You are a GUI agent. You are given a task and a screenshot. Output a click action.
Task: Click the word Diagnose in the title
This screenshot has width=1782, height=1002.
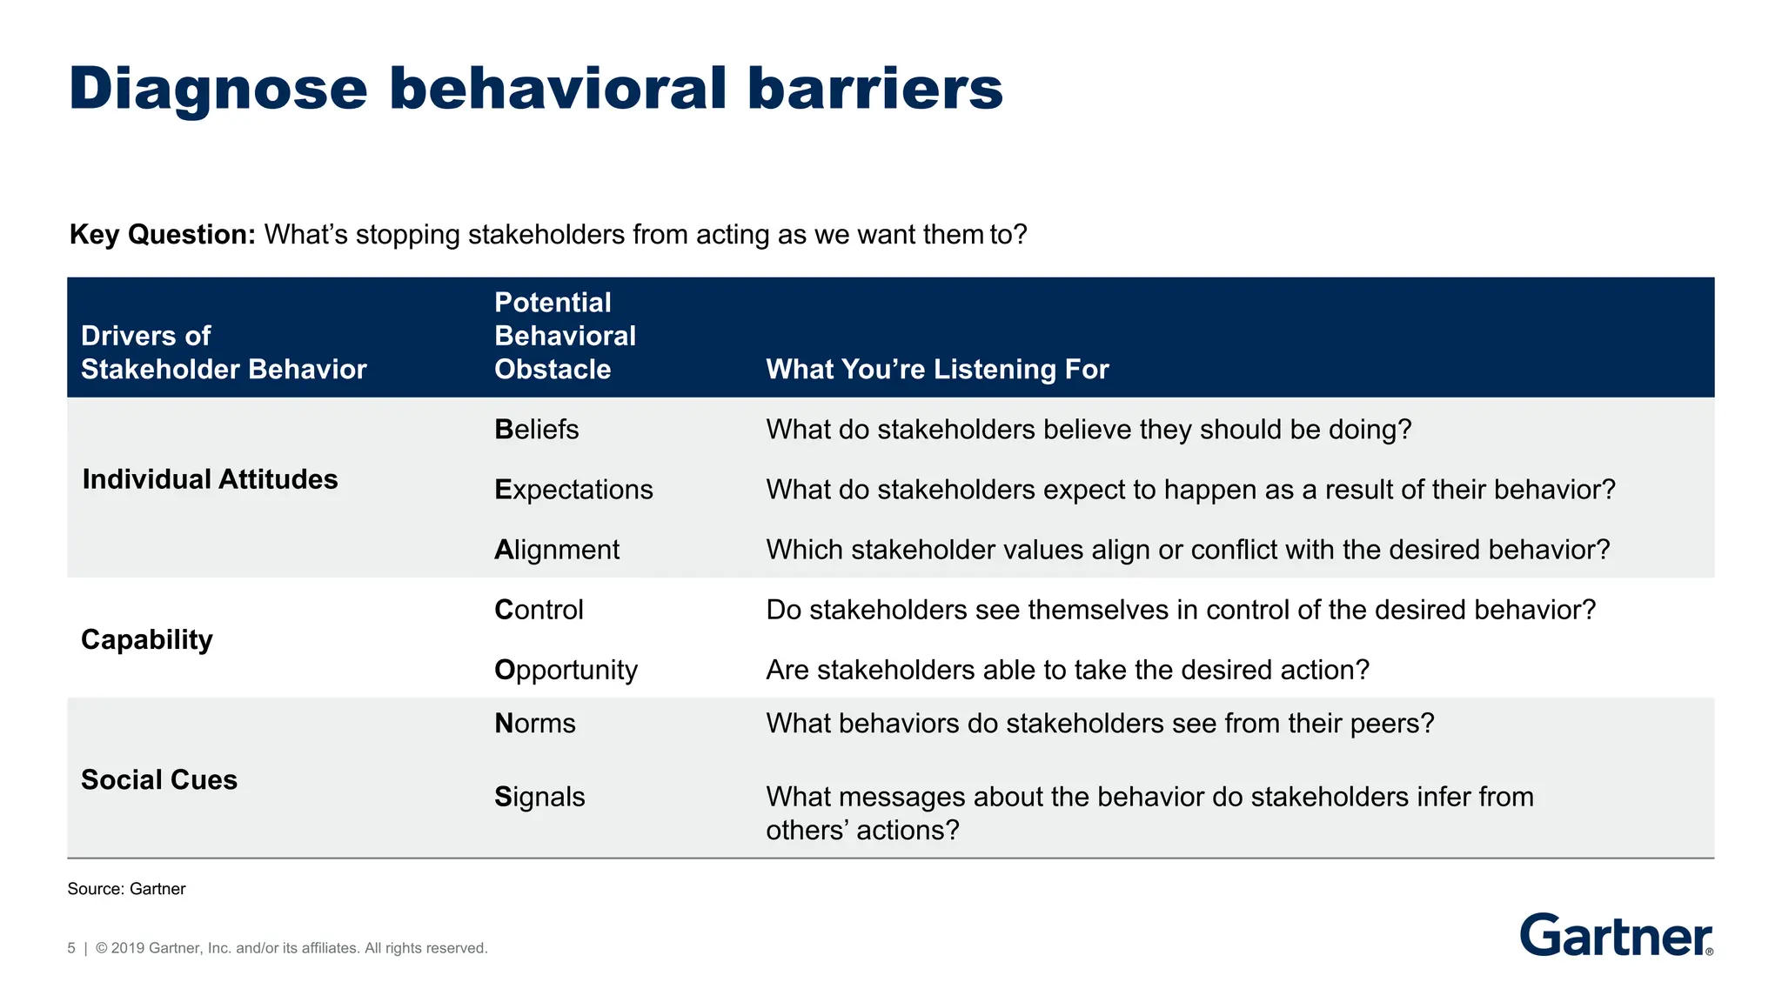pyautogui.click(x=218, y=90)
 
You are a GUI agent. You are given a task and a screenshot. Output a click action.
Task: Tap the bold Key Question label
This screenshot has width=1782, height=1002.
pyautogui.click(x=162, y=235)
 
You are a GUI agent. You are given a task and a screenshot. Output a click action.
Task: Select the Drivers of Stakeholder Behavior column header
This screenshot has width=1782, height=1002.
pyautogui.click(x=224, y=352)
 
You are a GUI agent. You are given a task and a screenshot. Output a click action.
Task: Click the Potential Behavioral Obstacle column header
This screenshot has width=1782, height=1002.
pyautogui.click(x=565, y=336)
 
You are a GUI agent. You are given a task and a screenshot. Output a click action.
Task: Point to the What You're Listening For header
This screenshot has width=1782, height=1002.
pyautogui.click(x=937, y=370)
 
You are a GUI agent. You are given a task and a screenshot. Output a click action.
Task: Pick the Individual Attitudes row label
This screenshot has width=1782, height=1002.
pyautogui.click(x=210, y=479)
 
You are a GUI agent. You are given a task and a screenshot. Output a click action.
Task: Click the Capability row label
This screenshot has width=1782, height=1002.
pyautogui.click(x=146, y=639)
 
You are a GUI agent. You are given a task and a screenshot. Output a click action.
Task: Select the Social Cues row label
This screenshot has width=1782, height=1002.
pyautogui.click(x=159, y=780)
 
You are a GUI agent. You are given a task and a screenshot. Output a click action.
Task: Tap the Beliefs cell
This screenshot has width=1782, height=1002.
pyautogui.click(x=536, y=430)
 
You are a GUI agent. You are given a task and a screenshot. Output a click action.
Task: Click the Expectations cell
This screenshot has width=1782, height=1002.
pyautogui.click(x=573, y=490)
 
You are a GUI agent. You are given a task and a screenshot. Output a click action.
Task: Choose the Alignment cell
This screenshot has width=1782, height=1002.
pyautogui.click(x=557, y=550)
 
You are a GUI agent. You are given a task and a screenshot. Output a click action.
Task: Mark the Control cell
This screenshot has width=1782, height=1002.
pyautogui.click(x=539, y=610)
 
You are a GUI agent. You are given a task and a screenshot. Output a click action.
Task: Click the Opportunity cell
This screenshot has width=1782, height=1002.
pyautogui.click(x=566, y=670)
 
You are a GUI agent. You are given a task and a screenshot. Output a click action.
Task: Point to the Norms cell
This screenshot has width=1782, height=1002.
pyautogui.click(x=534, y=724)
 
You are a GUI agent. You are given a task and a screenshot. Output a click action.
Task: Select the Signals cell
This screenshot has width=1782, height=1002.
pyautogui.click(x=539, y=797)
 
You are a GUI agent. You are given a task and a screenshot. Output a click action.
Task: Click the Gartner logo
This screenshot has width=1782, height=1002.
pyautogui.click(x=1616, y=936)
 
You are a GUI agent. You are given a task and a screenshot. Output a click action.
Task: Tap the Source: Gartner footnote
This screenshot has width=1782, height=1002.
pyautogui.click(x=126, y=889)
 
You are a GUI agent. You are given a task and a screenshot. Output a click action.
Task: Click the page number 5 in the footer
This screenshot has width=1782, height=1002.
pyautogui.click(x=71, y=948)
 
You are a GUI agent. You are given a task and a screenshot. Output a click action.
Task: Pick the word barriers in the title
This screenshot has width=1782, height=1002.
pyautogui.click(x=874, y=90)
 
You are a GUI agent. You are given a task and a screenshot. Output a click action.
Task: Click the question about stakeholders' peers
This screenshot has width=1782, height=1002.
pyautogui.click(x=1100, y=724)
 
